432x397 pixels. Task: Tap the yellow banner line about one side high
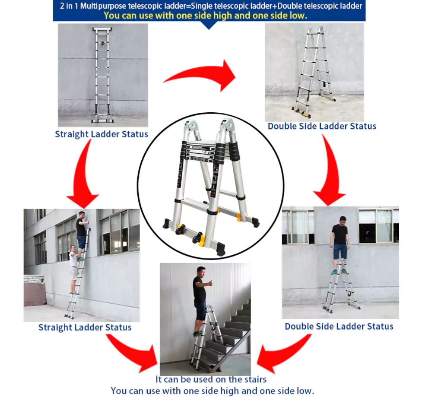coord(205,16)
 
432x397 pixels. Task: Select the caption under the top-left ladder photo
coord(101,134)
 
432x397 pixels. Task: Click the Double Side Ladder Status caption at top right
coord(322,126)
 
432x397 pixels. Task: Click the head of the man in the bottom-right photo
coord(343,220)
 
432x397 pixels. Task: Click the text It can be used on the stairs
coord(211,379)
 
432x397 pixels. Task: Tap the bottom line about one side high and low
coord(212,391)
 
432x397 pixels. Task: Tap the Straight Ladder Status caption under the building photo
coord(85,327)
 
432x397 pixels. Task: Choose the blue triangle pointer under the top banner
coord(209,25)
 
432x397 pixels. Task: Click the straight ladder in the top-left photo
coord(102,73)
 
